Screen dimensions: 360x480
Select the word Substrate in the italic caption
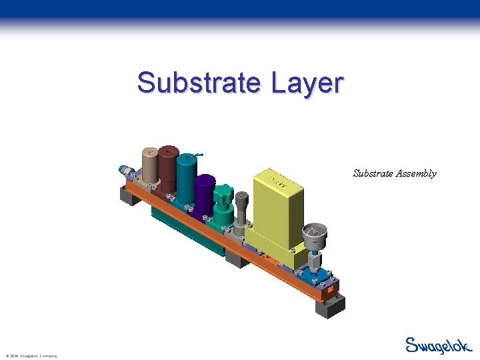click(x=372, y=173)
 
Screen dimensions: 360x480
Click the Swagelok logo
click(x=439, y=345)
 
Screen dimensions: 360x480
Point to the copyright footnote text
click(x=31, y=356)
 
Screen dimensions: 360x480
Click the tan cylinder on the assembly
click(x=149, y=163)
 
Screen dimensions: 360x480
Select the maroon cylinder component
click(x=168, y=170)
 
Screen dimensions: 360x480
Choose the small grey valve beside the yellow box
click(x=241, y=210)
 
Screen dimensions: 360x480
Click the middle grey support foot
click(x=237, y=257)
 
